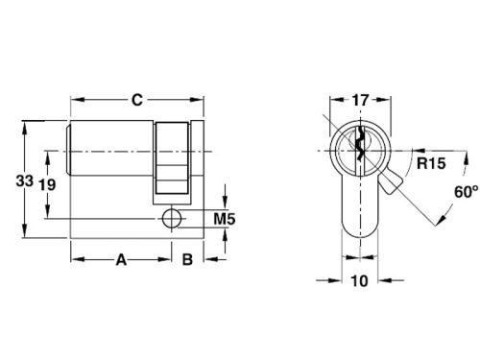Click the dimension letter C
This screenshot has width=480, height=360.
(x=137, y=99)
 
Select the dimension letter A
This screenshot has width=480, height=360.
(x=121, y=258)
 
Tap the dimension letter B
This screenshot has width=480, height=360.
(x=188, y=258)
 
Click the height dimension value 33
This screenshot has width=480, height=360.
(x=11, y=180)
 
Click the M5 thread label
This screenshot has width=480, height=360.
(x=225, y=220)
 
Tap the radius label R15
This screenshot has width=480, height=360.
(x=429, y=164)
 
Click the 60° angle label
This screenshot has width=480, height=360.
(x=465, y=192)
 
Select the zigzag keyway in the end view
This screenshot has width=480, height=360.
(x=357, y=146)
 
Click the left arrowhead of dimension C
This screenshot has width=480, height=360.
(x=74, y=99)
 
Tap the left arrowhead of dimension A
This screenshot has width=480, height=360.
(x=74, y=259)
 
